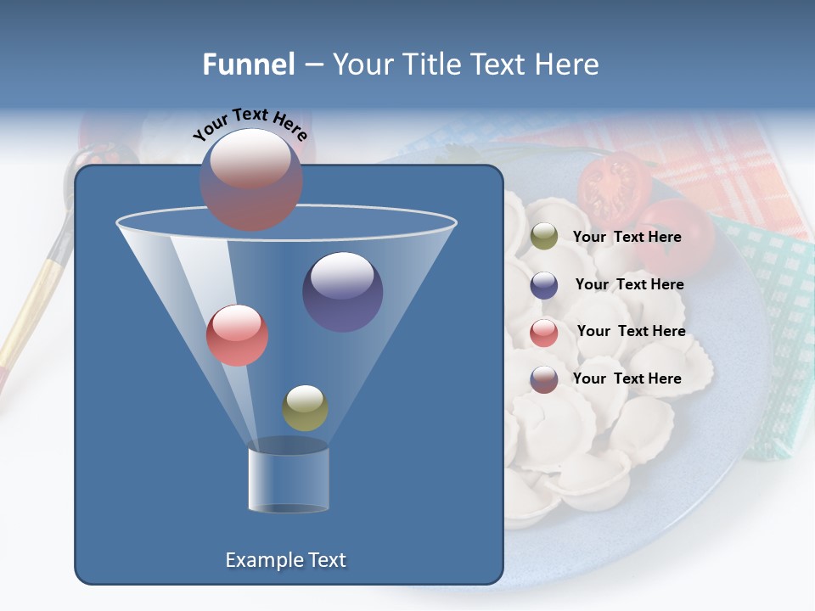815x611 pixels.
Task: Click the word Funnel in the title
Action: click(x=248, y=64)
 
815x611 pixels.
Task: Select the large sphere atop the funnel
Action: click(x=251, y=179)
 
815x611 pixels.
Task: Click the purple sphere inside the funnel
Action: click(x=342, y=291)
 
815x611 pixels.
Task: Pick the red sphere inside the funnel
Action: click(x=237, y=335)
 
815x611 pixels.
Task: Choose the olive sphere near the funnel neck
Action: click(x=305, y=407)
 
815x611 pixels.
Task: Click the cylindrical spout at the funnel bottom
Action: click(x=289, y=479)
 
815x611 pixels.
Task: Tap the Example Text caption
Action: click(x=285, y=560)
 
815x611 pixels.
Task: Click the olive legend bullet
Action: click(x=544, y=237)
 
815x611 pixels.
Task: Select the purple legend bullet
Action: click(x=544, y=285)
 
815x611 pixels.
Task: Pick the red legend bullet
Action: click(x=544, y=333)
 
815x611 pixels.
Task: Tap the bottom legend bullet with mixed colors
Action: click(x=544, y=379)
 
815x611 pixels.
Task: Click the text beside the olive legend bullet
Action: click(x=627, y=238)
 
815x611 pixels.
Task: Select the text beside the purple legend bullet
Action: click(x=629, y=285)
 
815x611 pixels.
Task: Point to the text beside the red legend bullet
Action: click(x=631, y=332)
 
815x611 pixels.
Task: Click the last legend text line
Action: click(x=627, y=378)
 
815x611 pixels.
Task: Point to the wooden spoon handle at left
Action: click(x=34, y=297)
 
